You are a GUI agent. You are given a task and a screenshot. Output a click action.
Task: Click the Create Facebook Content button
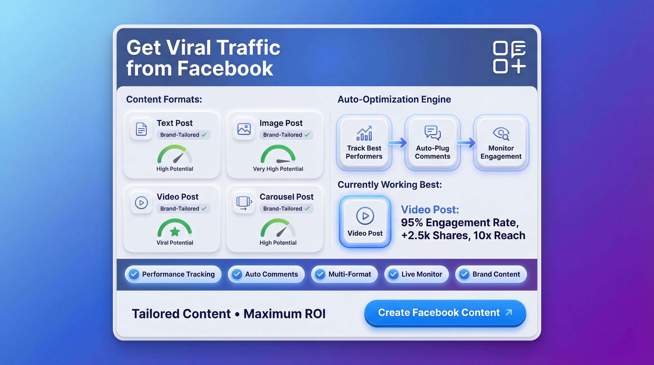445,313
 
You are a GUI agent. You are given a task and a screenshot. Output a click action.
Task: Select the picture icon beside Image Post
244,129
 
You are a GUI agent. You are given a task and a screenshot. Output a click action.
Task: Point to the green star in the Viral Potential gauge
175,231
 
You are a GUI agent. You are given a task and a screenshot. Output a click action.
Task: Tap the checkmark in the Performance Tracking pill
134,274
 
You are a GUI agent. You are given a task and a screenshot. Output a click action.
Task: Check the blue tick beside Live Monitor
393,274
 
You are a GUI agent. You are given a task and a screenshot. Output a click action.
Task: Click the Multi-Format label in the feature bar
350,274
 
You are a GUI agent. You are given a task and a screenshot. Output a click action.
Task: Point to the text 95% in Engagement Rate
412,223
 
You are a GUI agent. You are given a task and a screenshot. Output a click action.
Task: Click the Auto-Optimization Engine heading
394,99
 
